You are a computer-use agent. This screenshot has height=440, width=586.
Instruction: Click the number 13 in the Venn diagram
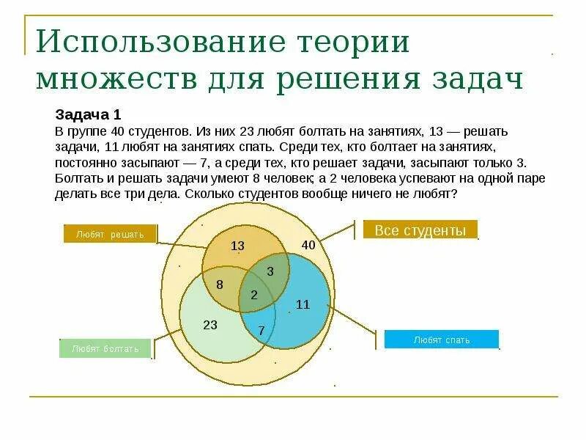tap(237, 246)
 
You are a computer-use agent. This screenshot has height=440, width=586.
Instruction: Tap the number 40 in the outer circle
tap(308, 246)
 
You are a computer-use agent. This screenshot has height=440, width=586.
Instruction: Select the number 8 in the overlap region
tap(219, 284)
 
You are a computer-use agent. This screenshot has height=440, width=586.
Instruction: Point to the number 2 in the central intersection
tap(254, 295)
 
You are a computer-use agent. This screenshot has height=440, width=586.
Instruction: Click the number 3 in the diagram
tap(270, 271)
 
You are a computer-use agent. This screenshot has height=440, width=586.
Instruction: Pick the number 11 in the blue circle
tap(303, 304)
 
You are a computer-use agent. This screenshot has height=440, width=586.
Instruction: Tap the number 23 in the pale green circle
tap(210, 325)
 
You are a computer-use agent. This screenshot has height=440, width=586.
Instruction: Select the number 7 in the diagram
tap(262, 331)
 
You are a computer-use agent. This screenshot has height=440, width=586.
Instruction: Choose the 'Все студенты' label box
tap(420, 230)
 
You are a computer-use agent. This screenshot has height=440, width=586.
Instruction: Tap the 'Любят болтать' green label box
tap(105, 348)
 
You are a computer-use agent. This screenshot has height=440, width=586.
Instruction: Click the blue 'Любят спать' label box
tap(441, 340)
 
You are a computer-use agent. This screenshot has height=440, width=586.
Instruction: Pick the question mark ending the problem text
tap(456, 194)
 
